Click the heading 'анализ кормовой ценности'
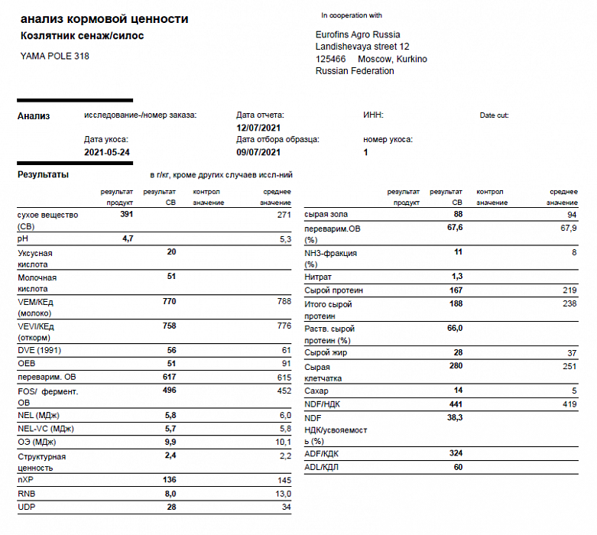pyautogui.click(x=103, y=19)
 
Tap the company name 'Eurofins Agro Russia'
pyautogui.click(x=357, y=34)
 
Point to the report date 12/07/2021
pyautogui.click(x=259, y=128)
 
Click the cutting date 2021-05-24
pyautogui.click(x=107, y=152)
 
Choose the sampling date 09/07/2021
pyautogui.click(x=259, y=152)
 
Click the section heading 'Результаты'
pyautogui.click(x=43, y=175)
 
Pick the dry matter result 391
pyautogui.click(x=127, y=215)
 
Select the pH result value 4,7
pyautogui.click(x=128, y=239)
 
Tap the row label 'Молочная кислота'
pyautogui.click(x=37, y=283)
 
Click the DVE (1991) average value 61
pyautogui.click(x=285, y=349)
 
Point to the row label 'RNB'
pyautogui.click(x=28, y=494)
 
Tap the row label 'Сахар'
pyautogui.click(x=316, y=391)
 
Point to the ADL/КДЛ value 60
pyautogui.click(x=457, y=466)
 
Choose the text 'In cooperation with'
pyautogui.click(x=352, y=15)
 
